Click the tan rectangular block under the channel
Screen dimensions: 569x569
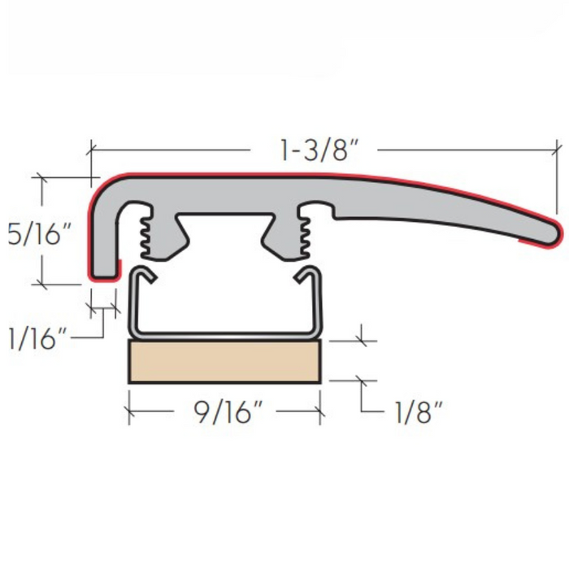225,361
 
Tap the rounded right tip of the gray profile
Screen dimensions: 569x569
552,233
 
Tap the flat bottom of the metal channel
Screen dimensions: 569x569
225,332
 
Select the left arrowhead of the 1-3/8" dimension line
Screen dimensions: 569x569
92,149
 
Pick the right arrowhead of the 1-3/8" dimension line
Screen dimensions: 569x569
558,149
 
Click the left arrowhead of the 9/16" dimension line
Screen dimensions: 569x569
131,412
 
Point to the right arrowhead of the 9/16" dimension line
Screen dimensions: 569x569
320,412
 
